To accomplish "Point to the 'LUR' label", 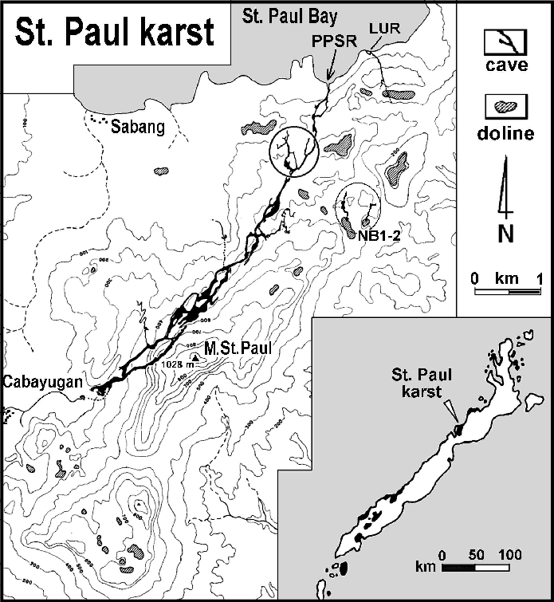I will tap(379, 29).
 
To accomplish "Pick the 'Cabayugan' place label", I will tap(42, 382).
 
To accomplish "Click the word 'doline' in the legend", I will tap(505, 133).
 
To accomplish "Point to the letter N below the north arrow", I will tap(504, 236).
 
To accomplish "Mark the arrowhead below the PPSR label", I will tap(330, 76).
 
